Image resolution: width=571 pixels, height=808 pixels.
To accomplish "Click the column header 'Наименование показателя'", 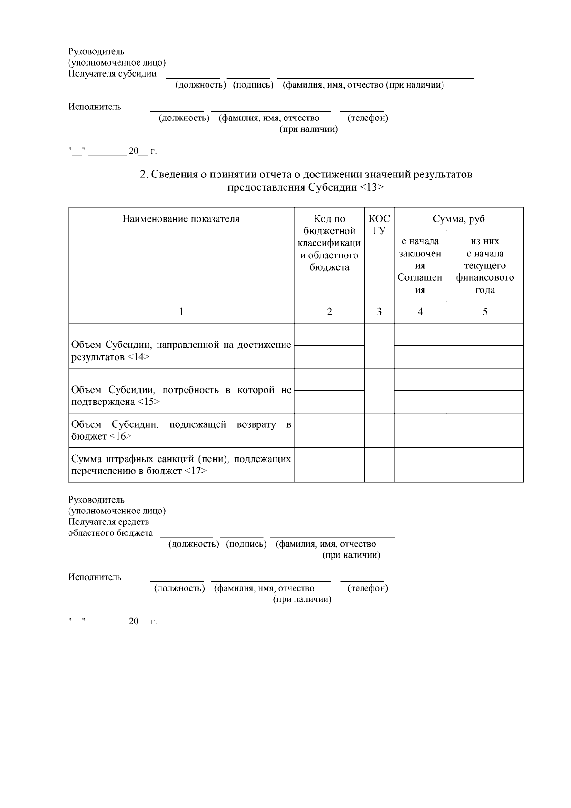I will [181, 219].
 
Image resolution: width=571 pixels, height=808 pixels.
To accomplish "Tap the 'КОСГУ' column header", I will [379, 225].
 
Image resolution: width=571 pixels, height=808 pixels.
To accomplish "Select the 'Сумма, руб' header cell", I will [459, 219].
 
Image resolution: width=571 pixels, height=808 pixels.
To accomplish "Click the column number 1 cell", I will [181, 312].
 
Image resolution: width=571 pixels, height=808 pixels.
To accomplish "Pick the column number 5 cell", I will [485, 312].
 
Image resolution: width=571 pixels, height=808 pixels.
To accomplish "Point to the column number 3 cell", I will [379, 312].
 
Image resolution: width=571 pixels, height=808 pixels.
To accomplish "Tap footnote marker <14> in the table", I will [139, 357].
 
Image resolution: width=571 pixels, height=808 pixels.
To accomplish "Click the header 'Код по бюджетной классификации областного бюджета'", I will [329, 243].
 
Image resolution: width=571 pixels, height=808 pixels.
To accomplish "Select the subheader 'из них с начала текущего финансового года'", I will [485, 266].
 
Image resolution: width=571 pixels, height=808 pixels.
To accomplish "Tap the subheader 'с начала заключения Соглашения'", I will [420, 266].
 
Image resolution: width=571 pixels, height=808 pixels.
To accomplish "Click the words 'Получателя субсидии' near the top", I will [112, 74].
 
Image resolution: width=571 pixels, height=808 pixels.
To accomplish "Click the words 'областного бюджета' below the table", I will [110, 533].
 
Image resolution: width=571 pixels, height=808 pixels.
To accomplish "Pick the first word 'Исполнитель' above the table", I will [95, 107].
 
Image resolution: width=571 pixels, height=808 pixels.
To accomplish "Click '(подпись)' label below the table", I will [246, 544].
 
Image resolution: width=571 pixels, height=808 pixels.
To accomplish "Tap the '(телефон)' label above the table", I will [368, 118].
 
